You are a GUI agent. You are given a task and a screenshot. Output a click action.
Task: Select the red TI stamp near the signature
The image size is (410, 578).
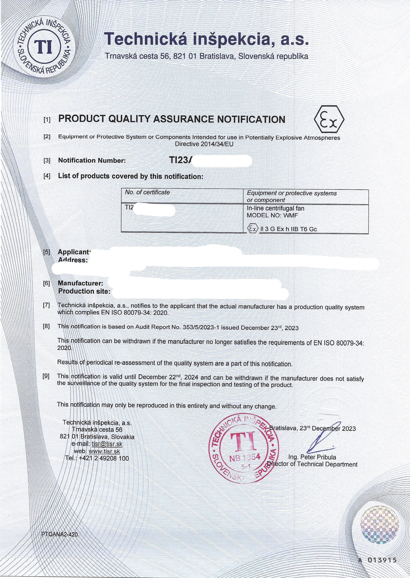pos(244,449)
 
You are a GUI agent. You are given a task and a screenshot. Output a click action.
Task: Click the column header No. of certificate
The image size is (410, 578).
pos(147,192)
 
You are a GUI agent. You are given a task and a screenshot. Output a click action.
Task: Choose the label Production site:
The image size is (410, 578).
pos(84,291)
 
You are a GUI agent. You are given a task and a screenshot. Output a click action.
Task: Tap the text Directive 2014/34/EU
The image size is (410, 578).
pos(204,144)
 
